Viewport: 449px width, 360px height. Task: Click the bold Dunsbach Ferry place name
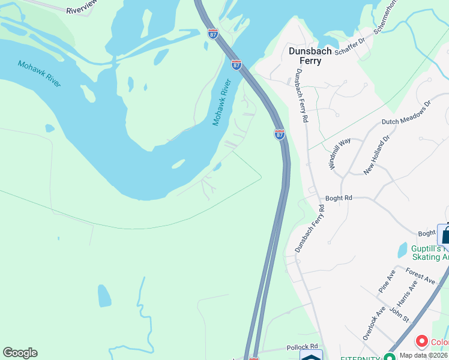(x=310, y=56)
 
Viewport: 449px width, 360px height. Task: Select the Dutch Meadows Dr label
(x=406, y=113)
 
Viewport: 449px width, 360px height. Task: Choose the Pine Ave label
(x=387, y=280)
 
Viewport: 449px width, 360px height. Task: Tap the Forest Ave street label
(x=420, y=275)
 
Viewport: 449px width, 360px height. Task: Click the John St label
(x=399, y=314)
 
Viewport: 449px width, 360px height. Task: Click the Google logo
(x=20, y=353)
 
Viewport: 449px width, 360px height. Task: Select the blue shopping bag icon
(x=444, y=234)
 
